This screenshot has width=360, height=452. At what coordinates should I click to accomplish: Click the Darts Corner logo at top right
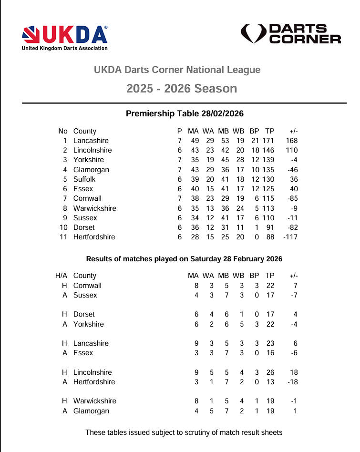point(291,34)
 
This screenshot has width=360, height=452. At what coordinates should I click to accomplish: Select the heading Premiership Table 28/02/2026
point(185,113)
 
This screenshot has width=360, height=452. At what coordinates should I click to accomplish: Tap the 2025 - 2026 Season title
point(182,89)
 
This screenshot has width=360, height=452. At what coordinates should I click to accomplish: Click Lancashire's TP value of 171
point(270,141)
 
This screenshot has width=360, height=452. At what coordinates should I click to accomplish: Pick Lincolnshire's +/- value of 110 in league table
point(291,150)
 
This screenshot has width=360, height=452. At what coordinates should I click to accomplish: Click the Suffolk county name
point(84,179)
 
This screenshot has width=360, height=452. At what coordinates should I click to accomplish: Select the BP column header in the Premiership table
point(254,131)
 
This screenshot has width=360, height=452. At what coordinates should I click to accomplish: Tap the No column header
point(63,131)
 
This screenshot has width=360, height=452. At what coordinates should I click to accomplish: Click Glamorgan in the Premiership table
point(91,170)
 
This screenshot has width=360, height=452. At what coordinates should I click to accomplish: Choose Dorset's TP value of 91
point(272,227)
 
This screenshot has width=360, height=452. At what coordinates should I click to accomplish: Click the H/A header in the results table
point(62,276)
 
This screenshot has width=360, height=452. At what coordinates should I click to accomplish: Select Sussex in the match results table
point(85,295)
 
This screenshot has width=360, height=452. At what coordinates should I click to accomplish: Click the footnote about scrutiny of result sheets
point(184,432)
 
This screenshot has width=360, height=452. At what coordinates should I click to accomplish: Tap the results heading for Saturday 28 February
point(184,259)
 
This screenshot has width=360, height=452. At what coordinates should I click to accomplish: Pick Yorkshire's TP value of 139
point(270,160)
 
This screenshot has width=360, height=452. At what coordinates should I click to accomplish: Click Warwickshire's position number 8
point(65,208)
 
